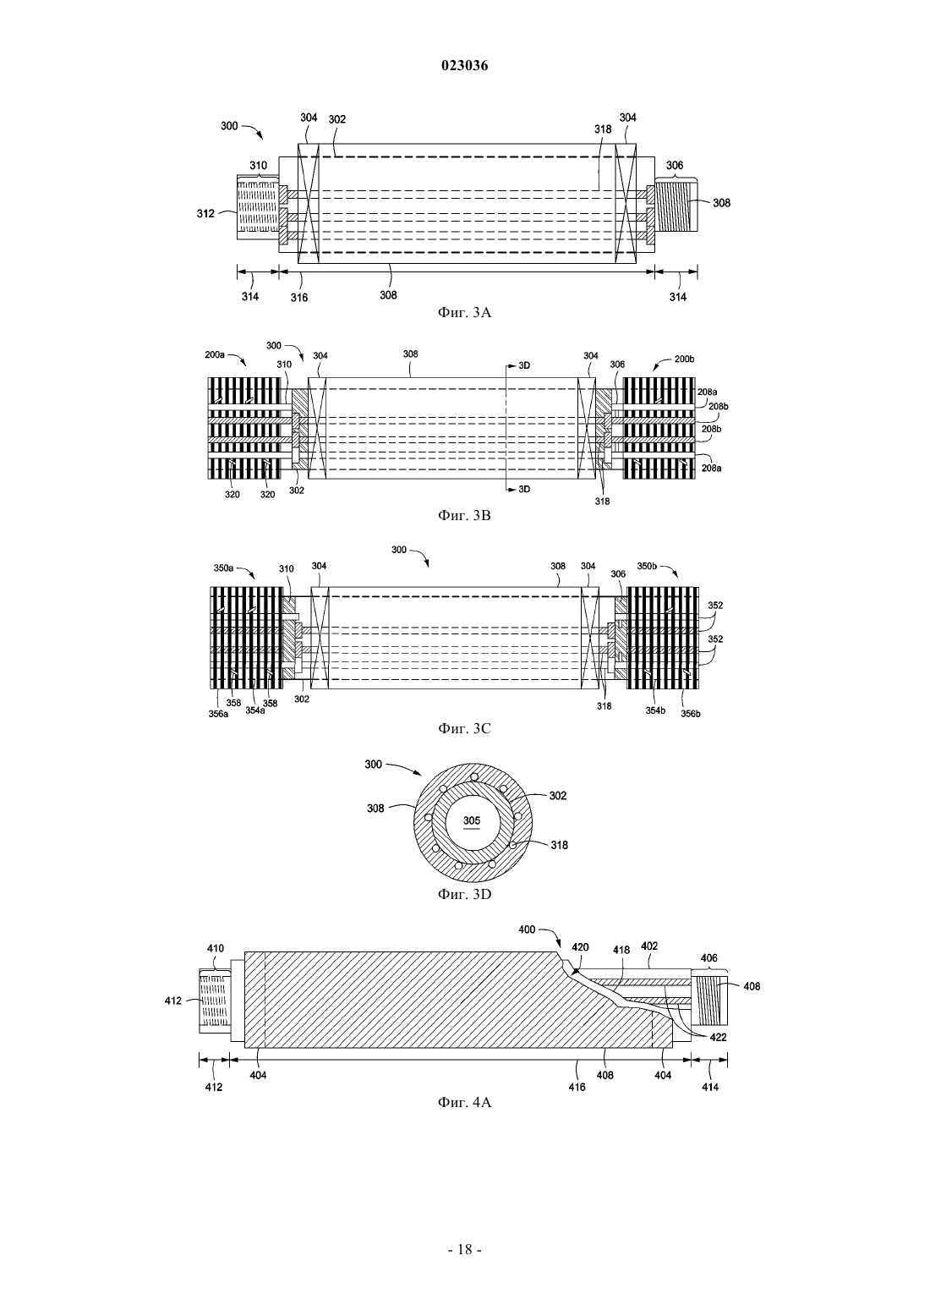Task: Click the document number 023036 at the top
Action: point(464,66)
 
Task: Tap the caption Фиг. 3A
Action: point(464,313)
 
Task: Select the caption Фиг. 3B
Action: point(464,516)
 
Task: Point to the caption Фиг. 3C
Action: point(464,728)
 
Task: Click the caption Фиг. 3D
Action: point(464,894)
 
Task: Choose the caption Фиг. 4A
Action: point(464,1103)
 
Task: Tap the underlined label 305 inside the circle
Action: point(472,820)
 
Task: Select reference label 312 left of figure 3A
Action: point(205,214)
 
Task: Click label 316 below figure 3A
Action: point(298,297)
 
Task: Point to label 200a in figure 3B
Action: point(214,355)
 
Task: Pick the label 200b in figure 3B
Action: point(684,359)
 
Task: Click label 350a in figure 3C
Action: point(223,568)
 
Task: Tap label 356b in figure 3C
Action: point(691,714)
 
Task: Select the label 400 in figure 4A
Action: point(528,929)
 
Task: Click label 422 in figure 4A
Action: point(718,1037)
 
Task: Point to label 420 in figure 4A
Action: point(580,947)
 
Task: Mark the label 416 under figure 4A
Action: point(577,1087)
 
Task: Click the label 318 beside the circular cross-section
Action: point(559,845)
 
